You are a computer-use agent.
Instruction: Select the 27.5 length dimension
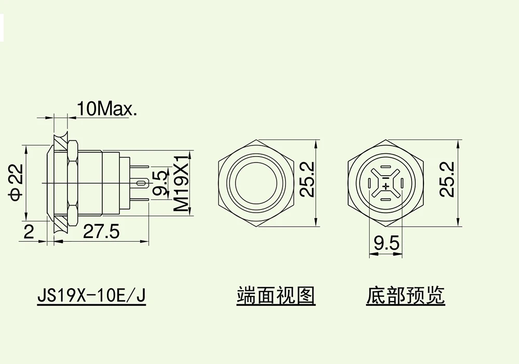(x=102, y=232)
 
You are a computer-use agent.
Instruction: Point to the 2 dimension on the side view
(x=29, y=232)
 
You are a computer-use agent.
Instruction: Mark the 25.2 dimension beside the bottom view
(x=448, y=179)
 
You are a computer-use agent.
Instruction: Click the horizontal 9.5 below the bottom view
(x=385, y=243)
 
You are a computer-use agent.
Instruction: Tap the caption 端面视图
(x=276, y=296)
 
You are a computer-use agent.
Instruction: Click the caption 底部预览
(x=406, y=296)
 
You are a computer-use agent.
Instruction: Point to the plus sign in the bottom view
(x=385, y=185)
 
